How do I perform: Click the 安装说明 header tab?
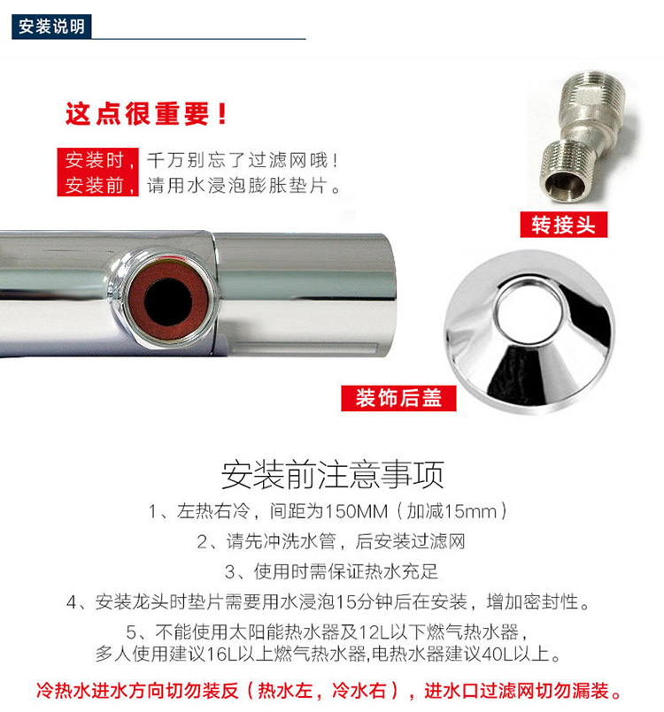coord(51,27)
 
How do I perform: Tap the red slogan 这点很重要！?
coord(146,113)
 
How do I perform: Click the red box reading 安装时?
coord(97,160)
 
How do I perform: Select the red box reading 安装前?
coord(97,184)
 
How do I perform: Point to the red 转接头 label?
coord(564,225)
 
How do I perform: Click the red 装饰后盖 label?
coord(398,398)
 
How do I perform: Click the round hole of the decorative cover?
coord(529,311)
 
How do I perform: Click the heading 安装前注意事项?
coord(332,474)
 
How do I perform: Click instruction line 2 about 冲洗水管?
coord(331,541)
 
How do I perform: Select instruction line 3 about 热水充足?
coord(331,571)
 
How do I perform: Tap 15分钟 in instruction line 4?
coord(363,601)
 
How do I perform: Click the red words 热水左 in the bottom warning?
coord(285,691)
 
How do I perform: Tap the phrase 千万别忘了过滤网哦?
coord(237,160)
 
